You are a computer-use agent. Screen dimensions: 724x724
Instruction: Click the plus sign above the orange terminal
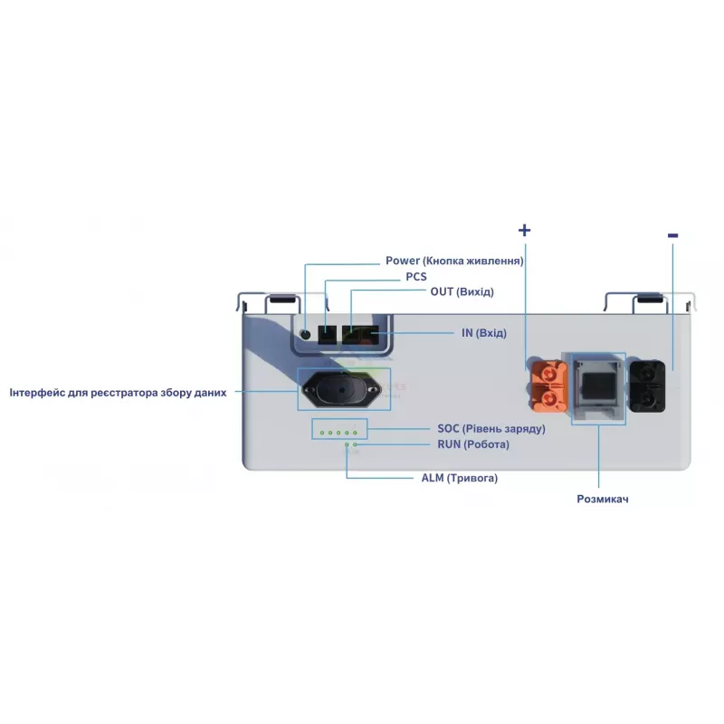(524, 230)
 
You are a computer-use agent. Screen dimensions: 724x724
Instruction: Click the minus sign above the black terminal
(672, 235)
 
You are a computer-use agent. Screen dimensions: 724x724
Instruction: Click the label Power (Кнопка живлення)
(454, 261)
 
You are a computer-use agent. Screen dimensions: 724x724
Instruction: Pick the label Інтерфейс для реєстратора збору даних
(118, 393)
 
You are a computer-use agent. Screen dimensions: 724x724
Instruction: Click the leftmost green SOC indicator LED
(321, 433)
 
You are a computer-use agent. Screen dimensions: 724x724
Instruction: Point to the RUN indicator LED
(355, 445)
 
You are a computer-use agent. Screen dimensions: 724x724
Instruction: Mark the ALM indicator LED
(346, 445)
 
